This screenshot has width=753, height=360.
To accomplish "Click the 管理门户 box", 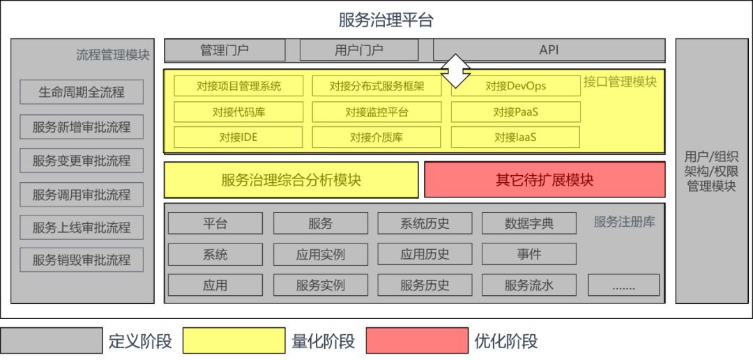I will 224,50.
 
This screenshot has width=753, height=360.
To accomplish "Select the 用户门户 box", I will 359,50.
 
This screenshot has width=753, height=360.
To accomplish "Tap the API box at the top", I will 549,50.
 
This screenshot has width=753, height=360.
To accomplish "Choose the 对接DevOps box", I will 515,86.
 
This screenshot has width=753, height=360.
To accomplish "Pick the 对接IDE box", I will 238,137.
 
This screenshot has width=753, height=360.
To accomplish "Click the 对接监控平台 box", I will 376,112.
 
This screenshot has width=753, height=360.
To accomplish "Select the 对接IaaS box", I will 515,137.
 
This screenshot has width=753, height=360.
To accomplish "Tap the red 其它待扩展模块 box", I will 545,180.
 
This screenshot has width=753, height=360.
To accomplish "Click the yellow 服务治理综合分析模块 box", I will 291,180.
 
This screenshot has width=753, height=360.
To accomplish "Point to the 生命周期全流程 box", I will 82,92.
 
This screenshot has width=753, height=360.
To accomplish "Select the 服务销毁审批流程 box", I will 82,260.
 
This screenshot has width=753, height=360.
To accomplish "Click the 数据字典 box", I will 528,223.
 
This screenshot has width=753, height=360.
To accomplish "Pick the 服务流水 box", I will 528,285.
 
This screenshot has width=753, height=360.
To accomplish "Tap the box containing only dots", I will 623,285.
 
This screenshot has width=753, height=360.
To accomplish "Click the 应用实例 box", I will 320,254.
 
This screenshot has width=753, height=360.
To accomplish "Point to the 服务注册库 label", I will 624,222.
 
